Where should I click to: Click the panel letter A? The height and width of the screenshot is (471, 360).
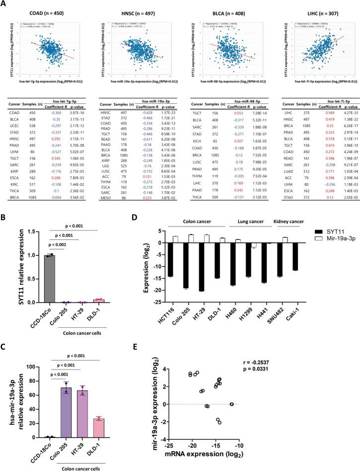click(x=4, y=4)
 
